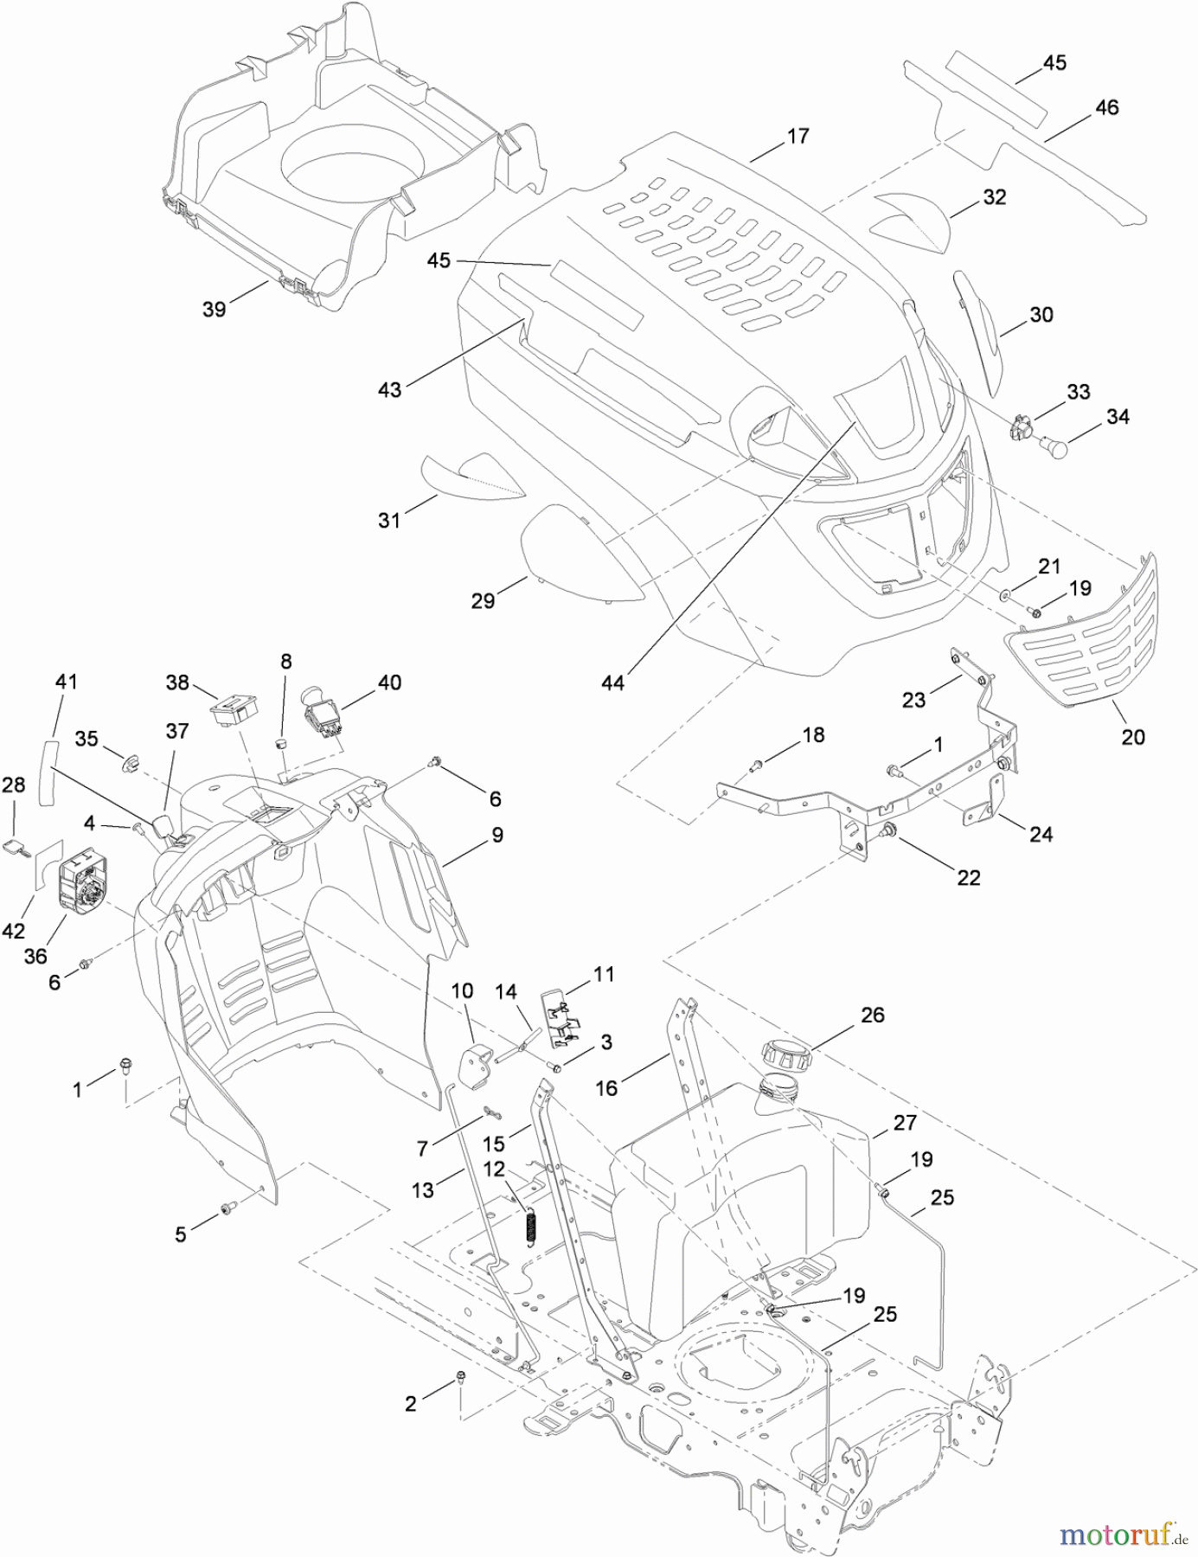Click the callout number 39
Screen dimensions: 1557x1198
click(x=214, y=309)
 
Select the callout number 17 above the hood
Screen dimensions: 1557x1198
click(x=798, y=136)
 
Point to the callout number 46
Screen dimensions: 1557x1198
click(x=1106, y=107)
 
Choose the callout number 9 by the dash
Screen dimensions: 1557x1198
click(x=496, y=835)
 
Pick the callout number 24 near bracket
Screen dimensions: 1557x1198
click(x=1041, y=834)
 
